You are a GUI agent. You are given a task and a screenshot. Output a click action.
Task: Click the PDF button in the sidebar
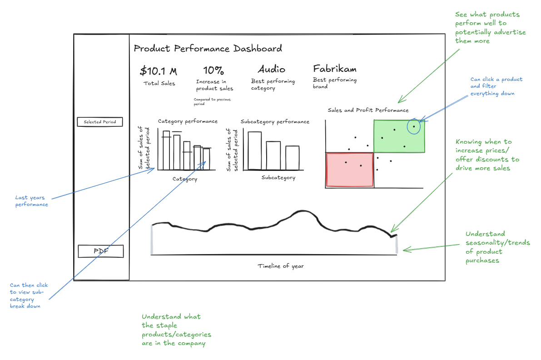pyautogui.click(x=100, y=251)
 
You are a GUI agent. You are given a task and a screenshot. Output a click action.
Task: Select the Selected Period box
pyautogui.click(x=99, y=122)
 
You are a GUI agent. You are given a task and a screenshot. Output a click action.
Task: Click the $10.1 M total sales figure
pyautogui.click(x=159, y=71)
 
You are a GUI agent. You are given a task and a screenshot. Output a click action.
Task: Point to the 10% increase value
pyautogui.click(x=213, y=70)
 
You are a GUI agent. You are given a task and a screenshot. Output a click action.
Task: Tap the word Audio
pyautogui.click(x=272, y=69)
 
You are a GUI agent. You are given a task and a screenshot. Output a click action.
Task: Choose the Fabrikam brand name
pyautogui.click(x=335, y=69)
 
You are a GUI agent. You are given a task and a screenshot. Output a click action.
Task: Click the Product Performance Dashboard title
pyautogui.click(x=208, y=49)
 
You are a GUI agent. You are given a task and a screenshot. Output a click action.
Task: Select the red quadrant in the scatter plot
pyautogui.click(x=349, y=170)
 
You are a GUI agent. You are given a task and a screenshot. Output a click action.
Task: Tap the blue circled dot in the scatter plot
pyautogui.click(x=414, y=126)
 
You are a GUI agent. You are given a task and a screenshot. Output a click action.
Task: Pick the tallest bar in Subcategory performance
pyautogui.click(x=254, y=150)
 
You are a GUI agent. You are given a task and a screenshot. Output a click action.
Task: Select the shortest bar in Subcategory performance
pyautogui.click(x=292, y=158)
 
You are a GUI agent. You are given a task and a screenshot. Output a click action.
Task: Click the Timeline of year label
pyautogui.click(x=281, y=266)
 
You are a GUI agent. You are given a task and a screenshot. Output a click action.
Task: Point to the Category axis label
pyautogui.click(x=185, y=179)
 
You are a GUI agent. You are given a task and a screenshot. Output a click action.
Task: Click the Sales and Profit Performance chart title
pyautogui.click(x=368, y=110)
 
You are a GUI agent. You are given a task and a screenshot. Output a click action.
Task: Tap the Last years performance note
pyautogui.click(x=32, y=201)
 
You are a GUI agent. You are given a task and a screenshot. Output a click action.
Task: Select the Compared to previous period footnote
pyautogui.click(x=212, y=101)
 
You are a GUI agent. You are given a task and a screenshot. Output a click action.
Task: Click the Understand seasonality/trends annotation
pyautogui.click(x=497, y=247)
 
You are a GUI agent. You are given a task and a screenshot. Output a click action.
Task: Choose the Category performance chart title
pyautogui.click(x=188, y=121)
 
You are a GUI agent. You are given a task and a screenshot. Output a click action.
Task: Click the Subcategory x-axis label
pyautogui.click(x=278, y=178)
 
